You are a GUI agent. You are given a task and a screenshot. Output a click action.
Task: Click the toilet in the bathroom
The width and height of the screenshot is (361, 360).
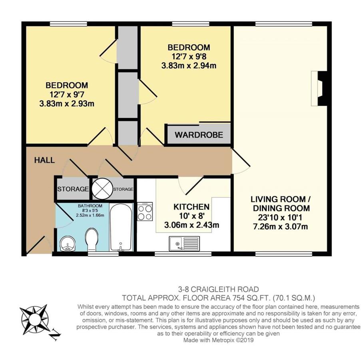92,240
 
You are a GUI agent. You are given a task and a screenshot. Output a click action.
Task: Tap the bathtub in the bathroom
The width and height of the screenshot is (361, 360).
121,227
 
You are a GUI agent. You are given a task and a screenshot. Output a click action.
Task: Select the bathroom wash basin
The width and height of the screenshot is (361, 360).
67,244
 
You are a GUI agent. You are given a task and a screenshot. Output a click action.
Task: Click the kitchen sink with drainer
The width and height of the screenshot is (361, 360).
184,244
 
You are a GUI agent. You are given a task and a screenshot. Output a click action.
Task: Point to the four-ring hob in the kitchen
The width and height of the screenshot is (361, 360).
145,211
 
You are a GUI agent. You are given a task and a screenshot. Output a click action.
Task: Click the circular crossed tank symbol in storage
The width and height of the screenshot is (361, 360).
102,190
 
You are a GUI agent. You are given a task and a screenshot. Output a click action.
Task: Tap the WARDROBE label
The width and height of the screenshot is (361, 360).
199,135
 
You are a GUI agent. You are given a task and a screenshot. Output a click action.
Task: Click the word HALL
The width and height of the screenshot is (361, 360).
44,160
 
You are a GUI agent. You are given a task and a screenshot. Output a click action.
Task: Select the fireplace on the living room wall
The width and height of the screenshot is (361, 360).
319,88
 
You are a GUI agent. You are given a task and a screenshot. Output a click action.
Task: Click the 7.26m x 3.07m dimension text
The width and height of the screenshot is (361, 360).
280,227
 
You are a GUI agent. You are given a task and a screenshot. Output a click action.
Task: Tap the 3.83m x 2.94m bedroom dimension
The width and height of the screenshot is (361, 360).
189,66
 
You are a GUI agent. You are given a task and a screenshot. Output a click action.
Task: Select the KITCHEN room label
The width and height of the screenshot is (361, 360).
191,207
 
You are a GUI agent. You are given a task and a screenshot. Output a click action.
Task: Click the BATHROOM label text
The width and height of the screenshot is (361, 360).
90,206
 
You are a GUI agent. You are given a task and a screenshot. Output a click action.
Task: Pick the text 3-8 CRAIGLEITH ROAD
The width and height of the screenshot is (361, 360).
219,289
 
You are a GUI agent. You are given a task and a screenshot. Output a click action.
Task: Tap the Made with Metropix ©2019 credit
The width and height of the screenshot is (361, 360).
219,340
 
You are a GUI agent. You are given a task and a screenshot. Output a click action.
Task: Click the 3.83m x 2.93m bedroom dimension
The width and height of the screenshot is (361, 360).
67,104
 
